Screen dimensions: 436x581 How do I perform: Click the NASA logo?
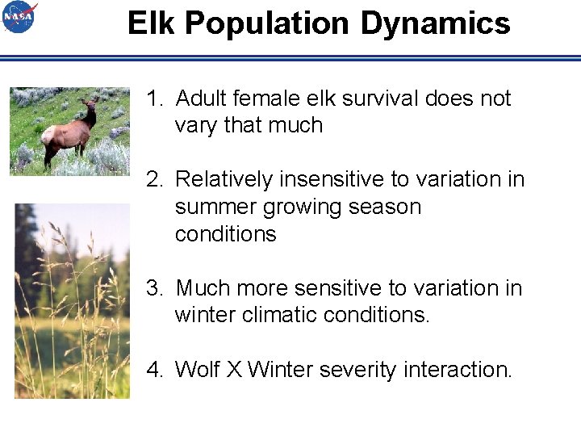click(x=19, y=17)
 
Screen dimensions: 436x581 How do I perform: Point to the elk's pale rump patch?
click(x=48, y=134)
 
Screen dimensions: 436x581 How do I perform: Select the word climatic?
click(x=274, y=315)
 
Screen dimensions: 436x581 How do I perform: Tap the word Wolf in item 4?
click(x=197, y=370)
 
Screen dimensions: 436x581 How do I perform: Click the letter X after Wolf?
click(x=234, y=370)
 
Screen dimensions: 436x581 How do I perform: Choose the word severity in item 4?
click(x=358, y=370)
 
